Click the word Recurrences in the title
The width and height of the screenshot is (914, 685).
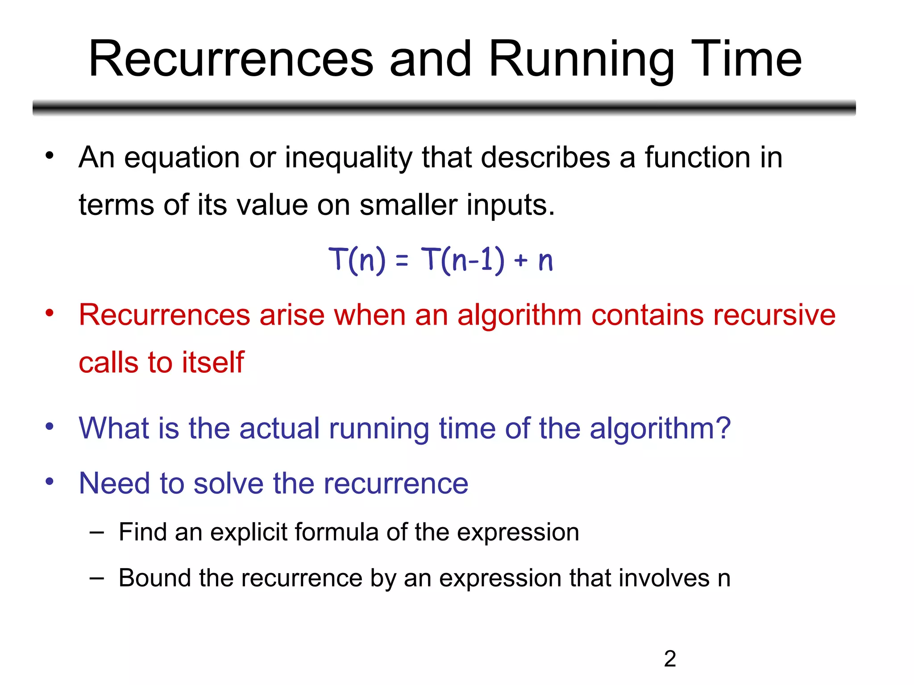[x=231, y=59]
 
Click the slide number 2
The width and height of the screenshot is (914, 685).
[x=670, y=659]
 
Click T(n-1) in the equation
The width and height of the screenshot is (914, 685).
[x=462, y=260]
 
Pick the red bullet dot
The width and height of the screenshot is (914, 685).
[x=49, y=313]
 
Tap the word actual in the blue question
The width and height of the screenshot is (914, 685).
[x=279, y=429]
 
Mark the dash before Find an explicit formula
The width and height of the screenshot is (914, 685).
[x=96, y=532]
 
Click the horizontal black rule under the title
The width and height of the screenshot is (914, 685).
[x=444, y=107]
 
